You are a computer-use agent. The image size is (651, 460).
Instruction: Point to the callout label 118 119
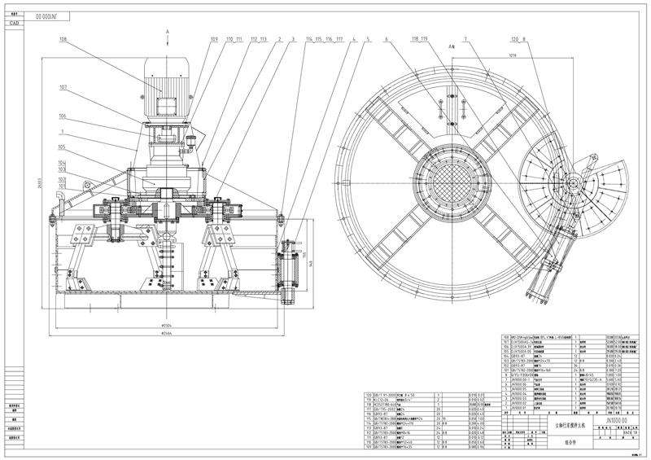click(420, 38)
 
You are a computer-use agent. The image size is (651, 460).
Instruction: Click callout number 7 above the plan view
click(465, 38)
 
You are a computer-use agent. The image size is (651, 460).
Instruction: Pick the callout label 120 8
click(518, 38)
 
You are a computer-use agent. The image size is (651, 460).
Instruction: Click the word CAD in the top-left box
click(14, 24)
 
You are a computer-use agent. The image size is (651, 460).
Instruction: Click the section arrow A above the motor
click(168, 30)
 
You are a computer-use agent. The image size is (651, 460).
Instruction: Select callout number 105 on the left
click(63, 147)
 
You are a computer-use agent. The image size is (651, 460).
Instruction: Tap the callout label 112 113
click(259, 38)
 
